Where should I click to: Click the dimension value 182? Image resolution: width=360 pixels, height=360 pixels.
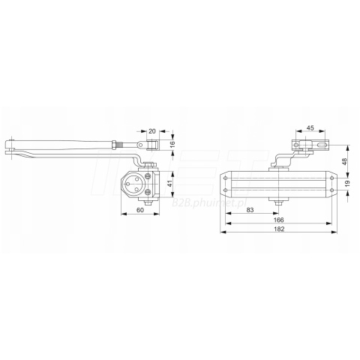click(279, 229)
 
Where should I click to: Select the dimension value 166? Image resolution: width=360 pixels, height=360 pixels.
click(279, 220)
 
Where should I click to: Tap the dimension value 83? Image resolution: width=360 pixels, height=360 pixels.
click(250, 210)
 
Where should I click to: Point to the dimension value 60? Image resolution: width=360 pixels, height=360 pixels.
click(140, 210)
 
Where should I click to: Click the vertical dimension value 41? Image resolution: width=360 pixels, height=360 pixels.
click(170, 184)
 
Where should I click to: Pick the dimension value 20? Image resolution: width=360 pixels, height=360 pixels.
click(152, 131)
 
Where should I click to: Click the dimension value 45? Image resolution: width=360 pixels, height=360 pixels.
click(310, 128)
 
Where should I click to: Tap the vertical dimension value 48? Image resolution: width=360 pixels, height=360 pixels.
click(345, 161)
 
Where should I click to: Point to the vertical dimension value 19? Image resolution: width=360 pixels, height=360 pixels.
click(346, 184)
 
